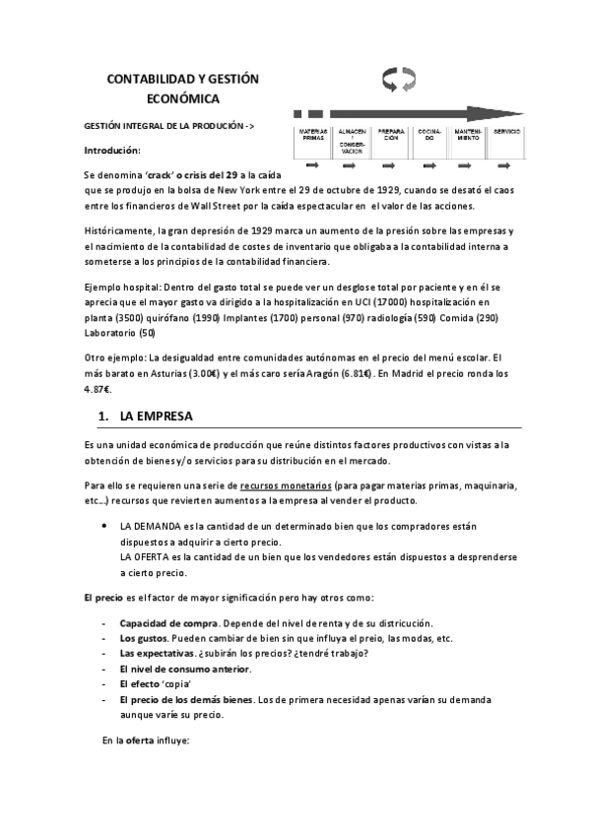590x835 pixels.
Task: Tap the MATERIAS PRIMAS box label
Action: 313,135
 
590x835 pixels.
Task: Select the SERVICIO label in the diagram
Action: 507,131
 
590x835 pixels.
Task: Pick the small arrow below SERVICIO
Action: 506,164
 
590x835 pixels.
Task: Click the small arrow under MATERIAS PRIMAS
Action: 312,164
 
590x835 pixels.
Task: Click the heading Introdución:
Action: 112,151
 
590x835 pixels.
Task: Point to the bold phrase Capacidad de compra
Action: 162,623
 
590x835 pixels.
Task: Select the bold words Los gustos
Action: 143,638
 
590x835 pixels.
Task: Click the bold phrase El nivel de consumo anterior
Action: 184,669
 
